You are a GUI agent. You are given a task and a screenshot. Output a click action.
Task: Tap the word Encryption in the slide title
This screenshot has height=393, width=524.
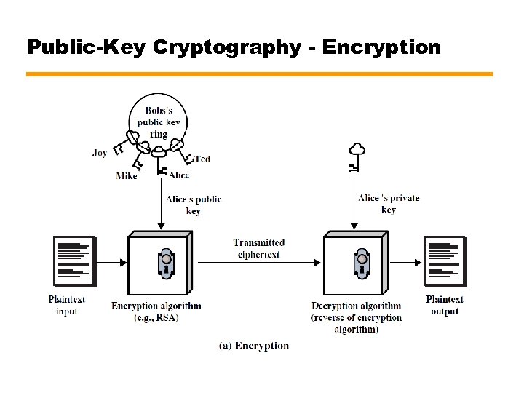pyautogui.click(x=381, y=48)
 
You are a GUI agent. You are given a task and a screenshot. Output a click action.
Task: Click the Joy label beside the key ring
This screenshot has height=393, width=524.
pyautogui.click(x=100, y=153)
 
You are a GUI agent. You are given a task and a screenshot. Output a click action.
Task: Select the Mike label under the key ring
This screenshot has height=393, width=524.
pyautogui.click(x=127, y=176)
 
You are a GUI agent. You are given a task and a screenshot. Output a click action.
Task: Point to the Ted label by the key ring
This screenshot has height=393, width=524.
pyautogui.click(x=202, y=159)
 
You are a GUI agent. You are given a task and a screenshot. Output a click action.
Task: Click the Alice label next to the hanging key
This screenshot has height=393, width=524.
pyautogui.click(x=179, y=175)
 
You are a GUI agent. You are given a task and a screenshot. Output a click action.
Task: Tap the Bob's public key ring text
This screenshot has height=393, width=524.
pyautogui.click(x=159, y=122)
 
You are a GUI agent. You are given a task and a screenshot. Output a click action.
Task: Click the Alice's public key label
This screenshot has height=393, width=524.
pyautogui.click(x=194, y=205)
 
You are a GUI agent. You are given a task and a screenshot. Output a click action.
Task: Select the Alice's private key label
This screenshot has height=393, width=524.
pyautogui.click(x=389, y=204)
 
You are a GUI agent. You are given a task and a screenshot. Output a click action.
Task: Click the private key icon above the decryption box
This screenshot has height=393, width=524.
pyautogui.click(x=355, y=156)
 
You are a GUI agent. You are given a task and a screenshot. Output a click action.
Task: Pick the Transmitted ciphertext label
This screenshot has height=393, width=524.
pyautogui.click(x=259, y=248)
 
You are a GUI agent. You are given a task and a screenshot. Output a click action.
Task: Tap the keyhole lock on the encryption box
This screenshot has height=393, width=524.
pyautogui.click(x=167, y=263)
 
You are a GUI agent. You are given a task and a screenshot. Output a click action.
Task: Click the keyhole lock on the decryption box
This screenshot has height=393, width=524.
pyautogui.click(x=362, y=263)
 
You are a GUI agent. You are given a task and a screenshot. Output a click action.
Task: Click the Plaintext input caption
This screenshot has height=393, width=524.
pyautogui.click(x=67, y=305)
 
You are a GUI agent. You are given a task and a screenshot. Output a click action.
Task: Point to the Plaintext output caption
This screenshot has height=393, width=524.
pyautogui.click(x=445, y=305)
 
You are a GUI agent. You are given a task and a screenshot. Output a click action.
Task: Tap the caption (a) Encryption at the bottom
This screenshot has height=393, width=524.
pyautogui.click(x=254, y=346)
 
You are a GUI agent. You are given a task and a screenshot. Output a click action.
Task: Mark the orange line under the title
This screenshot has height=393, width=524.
pyautogui.click(x=260, y=74)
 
